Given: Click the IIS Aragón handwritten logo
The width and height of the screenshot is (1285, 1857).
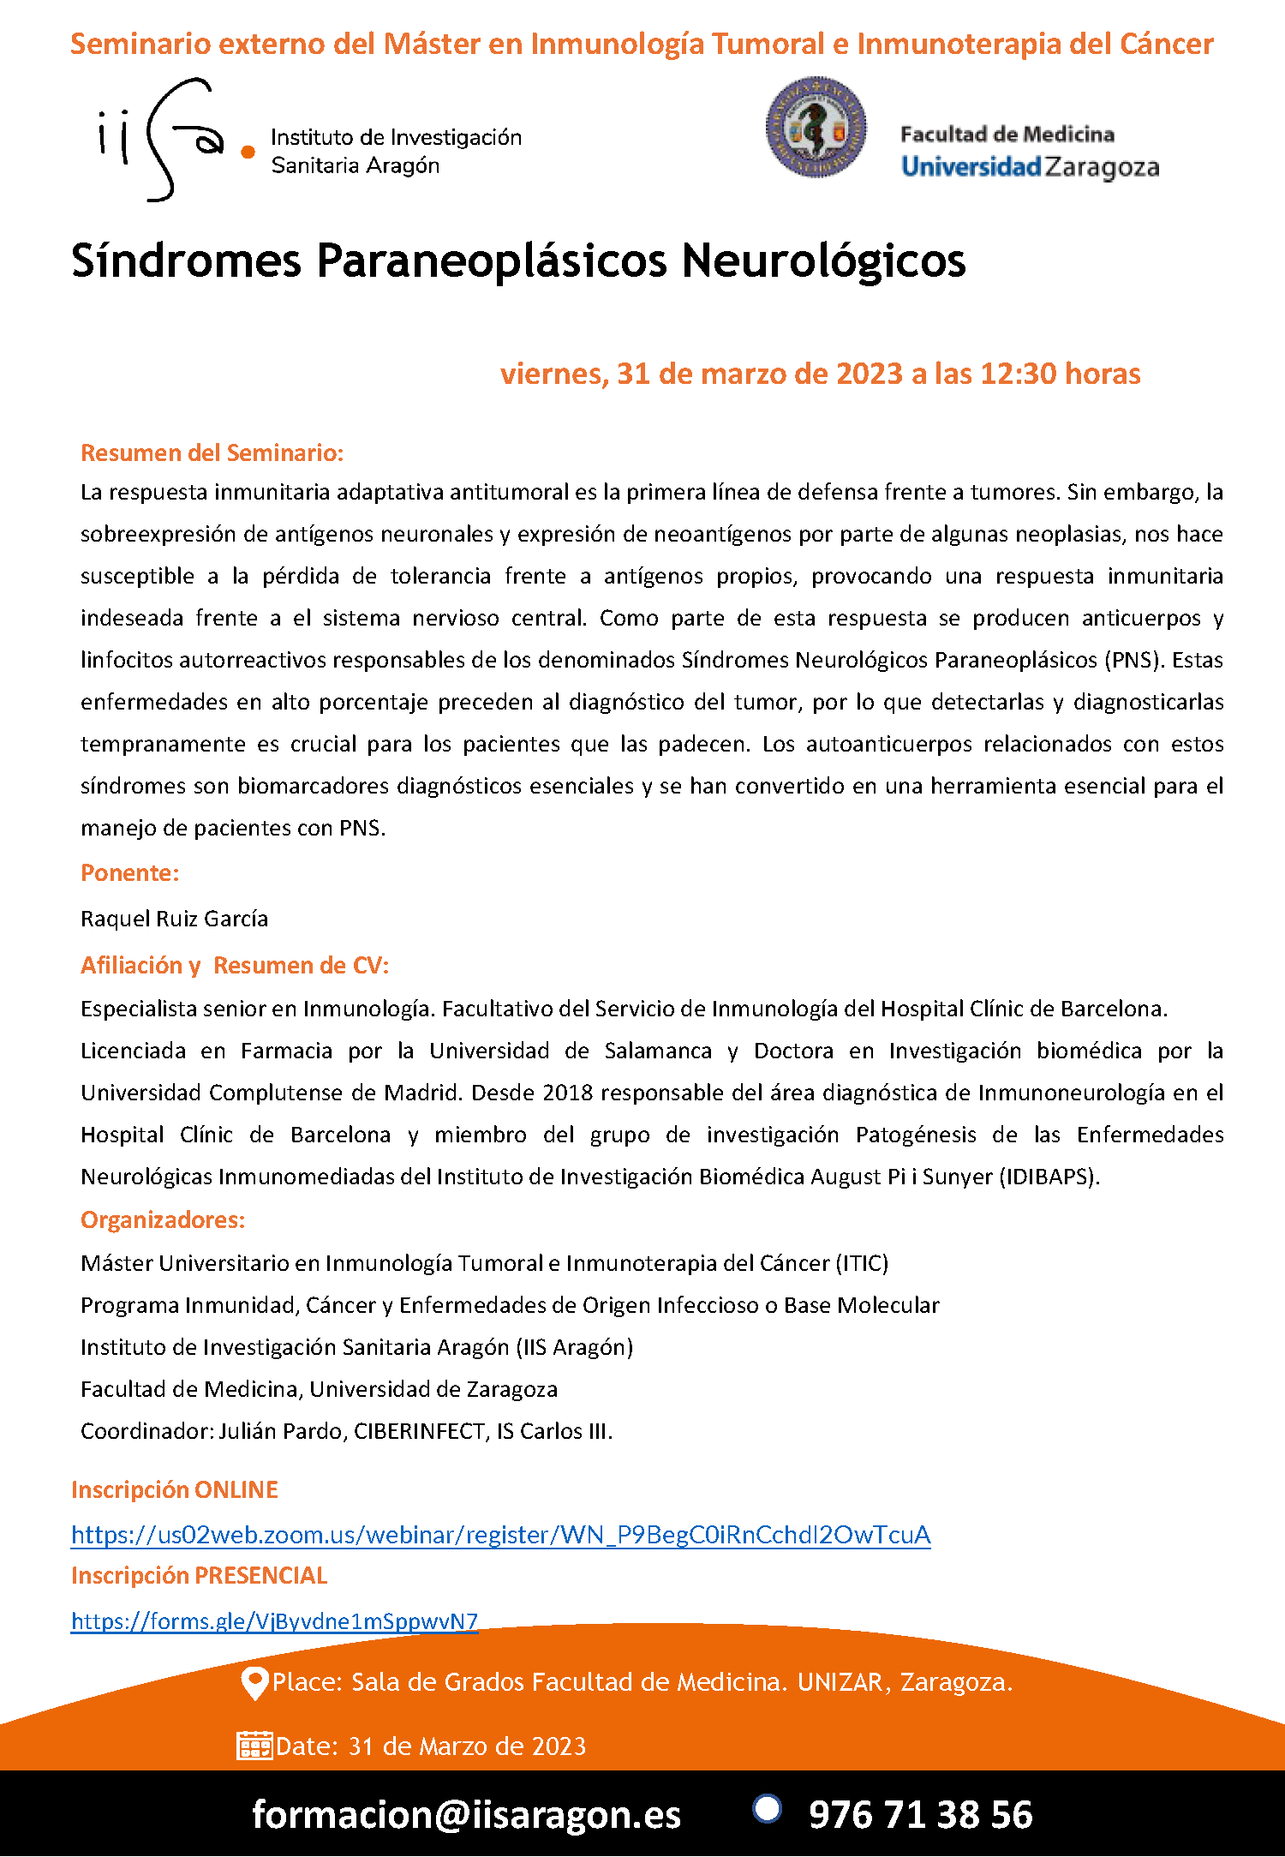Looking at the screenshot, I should point(163,139).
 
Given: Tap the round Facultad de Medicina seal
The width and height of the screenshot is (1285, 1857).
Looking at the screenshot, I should point(816,128).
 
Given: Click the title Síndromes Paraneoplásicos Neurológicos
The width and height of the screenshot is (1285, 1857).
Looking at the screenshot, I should point(518,261).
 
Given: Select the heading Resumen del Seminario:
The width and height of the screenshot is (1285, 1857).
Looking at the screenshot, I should point(212,452).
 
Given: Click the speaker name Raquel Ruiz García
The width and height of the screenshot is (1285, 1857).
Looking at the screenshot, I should point(174,919).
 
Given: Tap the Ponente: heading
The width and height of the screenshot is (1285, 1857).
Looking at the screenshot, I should point(129,872).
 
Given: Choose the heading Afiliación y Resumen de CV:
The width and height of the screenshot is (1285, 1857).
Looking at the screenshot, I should point(235,965).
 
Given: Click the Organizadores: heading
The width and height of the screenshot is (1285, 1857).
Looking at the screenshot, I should point(163,1219).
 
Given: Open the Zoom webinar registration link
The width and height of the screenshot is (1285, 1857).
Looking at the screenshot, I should point(500,1535).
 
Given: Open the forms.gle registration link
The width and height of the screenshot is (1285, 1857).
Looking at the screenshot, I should point(274,1621).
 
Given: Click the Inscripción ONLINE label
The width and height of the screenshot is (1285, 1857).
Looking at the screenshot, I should point(175,1489).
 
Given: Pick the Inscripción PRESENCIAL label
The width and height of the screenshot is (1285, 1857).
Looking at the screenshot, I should point(199,1575).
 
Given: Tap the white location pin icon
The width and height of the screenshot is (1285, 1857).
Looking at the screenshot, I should point(254,1683).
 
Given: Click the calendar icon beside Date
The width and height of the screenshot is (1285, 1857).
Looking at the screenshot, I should point(254,1746).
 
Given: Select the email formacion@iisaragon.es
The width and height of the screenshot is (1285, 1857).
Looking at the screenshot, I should point(466,1814).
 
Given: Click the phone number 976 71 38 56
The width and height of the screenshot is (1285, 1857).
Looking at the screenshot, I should point(920,1814).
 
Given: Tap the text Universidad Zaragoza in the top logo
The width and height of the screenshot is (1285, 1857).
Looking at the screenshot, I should point(1030,166).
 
